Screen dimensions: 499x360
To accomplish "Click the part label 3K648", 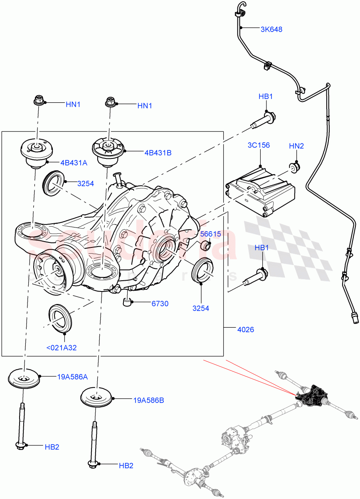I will pos(271,30).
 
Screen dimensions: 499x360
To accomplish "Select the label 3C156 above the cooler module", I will pos(259,145).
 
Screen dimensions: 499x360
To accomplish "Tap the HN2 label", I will pos(296,146).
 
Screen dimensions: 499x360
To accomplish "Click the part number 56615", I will pos(210,234).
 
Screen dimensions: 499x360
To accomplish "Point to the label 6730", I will pos(160,304).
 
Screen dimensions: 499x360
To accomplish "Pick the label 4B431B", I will pos(158,153).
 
